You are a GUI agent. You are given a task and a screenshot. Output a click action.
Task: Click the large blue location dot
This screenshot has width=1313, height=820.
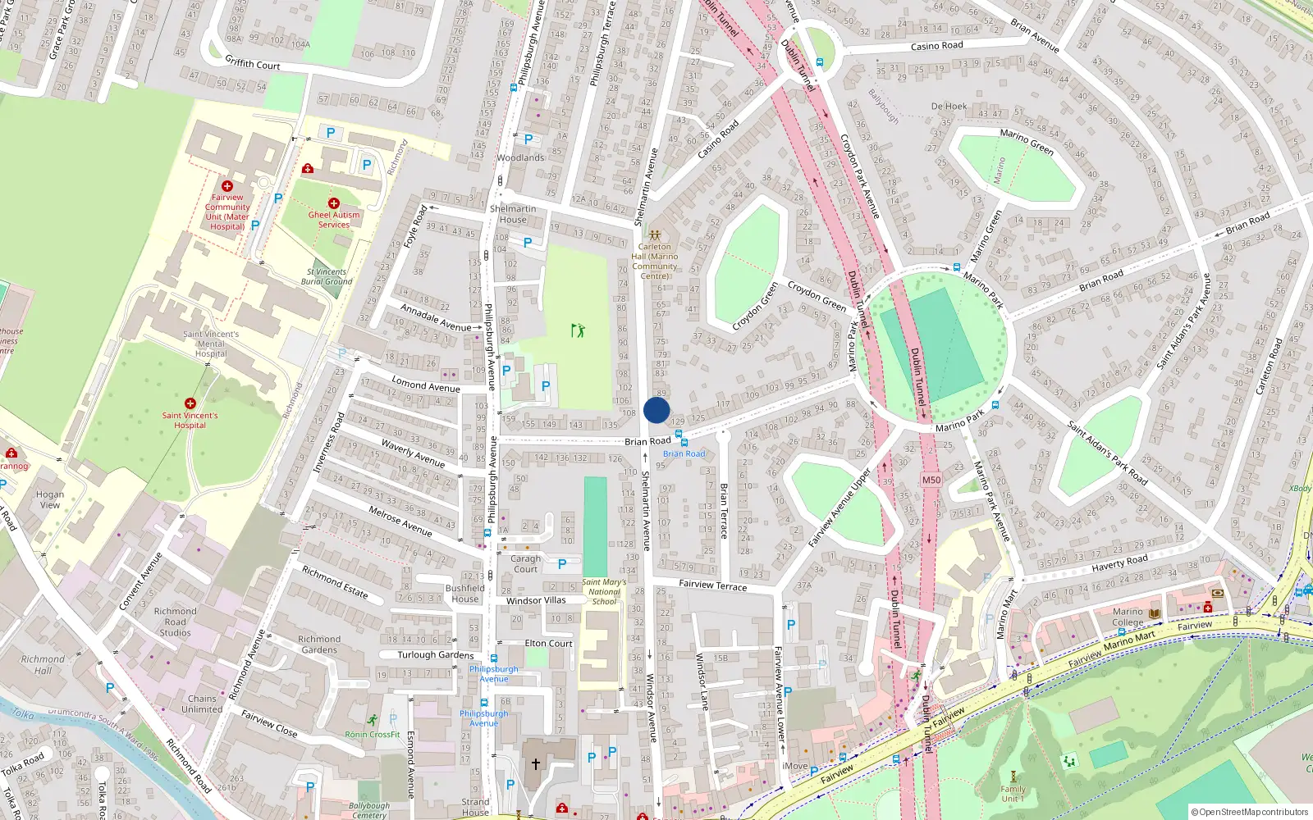pos(656,411)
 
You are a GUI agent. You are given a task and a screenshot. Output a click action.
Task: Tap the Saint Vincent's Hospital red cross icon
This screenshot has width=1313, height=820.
pos(190,403)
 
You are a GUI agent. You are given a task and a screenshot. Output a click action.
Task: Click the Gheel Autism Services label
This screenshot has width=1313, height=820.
pos(334,219)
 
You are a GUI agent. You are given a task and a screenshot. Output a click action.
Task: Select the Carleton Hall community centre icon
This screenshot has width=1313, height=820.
pos(655,235)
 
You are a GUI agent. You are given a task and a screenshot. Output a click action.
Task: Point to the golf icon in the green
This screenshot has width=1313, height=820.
pos(578,330)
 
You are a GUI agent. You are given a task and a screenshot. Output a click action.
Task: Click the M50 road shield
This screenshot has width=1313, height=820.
pos(931,481)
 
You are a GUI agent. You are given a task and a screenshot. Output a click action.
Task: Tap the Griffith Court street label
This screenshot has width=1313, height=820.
pos(252,63)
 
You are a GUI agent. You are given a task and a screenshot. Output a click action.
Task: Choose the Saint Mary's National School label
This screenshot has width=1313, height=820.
pos(604,592)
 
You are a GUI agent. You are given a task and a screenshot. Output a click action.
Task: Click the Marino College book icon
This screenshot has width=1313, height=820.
pos(1155,613)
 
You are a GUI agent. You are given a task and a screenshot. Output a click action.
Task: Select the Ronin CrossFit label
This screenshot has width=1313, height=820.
pos(373,735)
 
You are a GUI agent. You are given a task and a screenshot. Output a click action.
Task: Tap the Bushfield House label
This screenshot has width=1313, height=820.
pos(465,594)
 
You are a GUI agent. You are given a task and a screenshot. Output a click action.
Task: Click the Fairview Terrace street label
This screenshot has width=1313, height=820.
pos(713,585)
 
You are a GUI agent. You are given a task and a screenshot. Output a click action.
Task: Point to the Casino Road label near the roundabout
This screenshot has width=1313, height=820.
pos(936,46)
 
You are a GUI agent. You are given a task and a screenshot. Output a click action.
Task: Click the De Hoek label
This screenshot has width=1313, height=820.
pos(949,107)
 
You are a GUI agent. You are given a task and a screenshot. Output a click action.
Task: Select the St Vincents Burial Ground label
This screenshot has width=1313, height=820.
pos(327,276)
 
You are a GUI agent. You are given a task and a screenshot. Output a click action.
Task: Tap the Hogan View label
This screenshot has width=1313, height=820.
pos(50,499)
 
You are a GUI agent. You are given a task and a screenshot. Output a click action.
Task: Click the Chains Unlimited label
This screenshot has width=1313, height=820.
pos(202,704)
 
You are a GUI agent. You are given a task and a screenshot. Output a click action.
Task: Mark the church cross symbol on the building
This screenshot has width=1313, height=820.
pos(536,764)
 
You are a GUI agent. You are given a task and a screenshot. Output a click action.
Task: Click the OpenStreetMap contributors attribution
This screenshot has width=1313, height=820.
pos(1250,813)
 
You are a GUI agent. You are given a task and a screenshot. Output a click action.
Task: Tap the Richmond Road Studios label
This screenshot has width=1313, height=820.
pos(176,622)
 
